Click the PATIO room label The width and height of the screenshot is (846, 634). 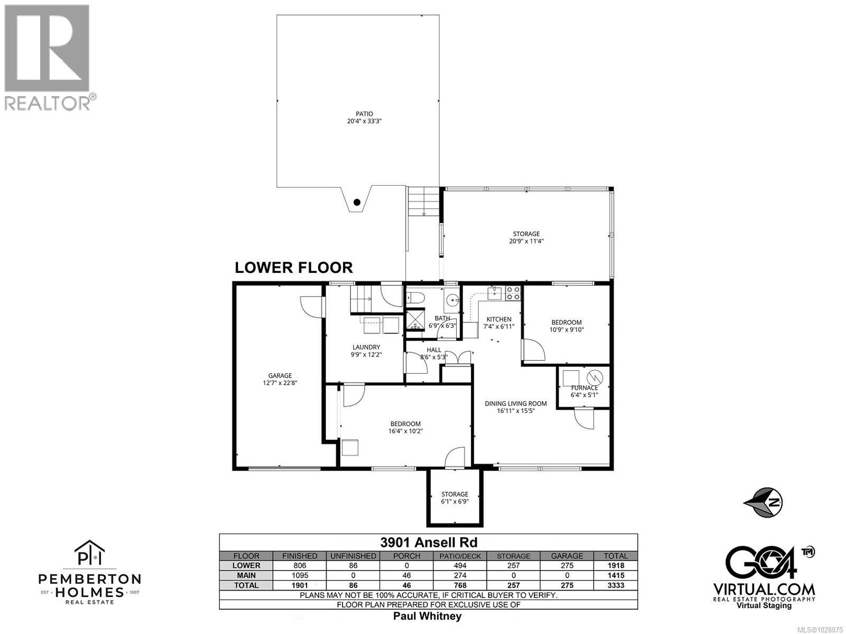click(364, 117)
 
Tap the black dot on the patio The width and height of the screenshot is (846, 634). click(357, 202)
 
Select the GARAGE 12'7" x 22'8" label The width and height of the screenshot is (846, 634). click(280, 379)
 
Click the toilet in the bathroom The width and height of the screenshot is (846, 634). click(415, 299)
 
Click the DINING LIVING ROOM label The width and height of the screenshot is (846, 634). click(516, 407)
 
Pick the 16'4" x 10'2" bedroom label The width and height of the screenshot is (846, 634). click(406, 427)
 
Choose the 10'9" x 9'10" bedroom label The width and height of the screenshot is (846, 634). click(566, 326)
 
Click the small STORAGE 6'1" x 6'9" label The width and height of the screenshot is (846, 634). click(455, 498)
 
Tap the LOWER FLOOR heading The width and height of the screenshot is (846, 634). click(293, 268)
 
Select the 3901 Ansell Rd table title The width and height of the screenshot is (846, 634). click(428, 543)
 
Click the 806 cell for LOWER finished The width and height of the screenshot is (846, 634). click(299, 565)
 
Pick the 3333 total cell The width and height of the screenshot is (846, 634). click(615, 585)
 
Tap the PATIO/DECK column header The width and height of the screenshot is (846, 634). click(459, 556)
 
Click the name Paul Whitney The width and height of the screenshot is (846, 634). click(427, 616)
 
